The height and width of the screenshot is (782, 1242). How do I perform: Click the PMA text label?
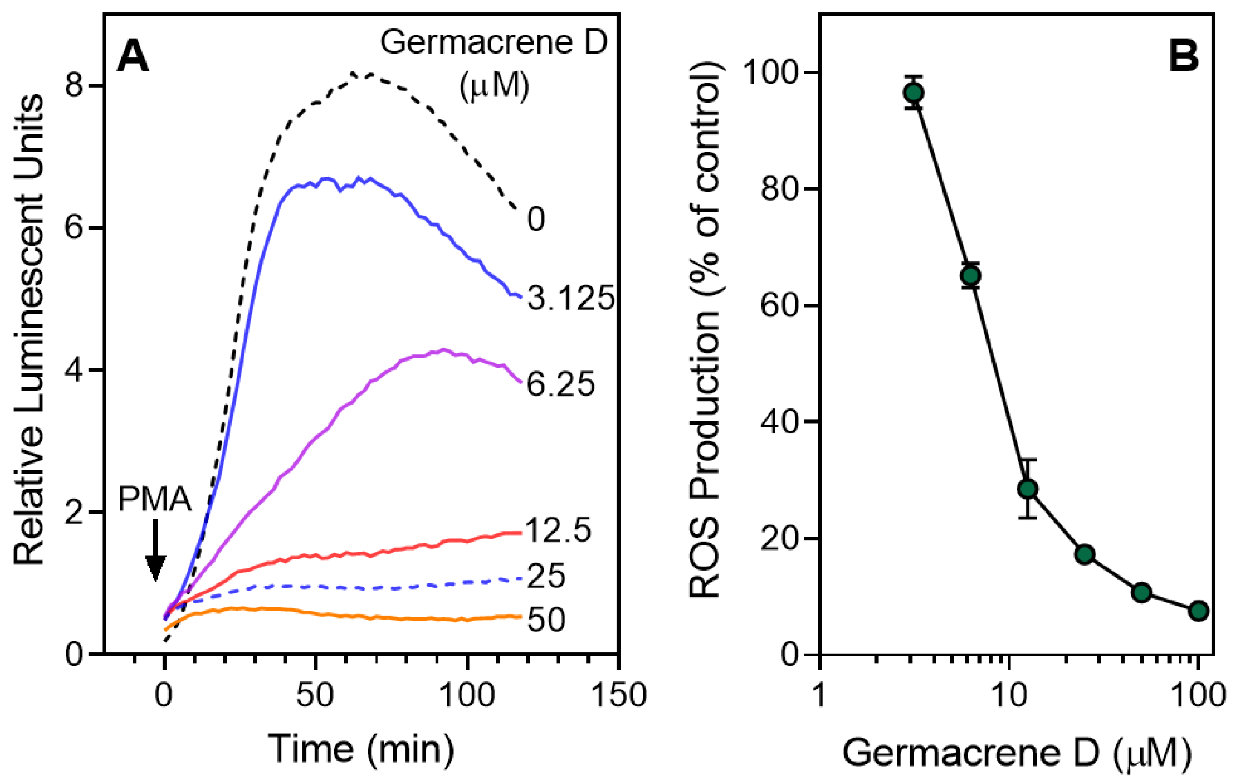click(155, 499)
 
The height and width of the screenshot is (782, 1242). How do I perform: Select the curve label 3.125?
click(571, 298)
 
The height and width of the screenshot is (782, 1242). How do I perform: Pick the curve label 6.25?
click(561, 384)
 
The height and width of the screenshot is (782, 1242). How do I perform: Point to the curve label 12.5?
click(558, 531)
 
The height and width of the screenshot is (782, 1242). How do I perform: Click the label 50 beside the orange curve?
click(546, 620)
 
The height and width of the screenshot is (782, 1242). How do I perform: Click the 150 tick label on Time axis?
click(618, 695)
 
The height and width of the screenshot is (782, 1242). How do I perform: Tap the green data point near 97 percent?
click(914, 93)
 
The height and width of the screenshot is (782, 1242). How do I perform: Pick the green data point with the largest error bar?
click(1028, 489)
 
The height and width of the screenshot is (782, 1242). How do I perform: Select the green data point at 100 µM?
click(1199, 611)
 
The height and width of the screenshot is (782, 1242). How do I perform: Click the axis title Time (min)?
click(361, 749)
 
